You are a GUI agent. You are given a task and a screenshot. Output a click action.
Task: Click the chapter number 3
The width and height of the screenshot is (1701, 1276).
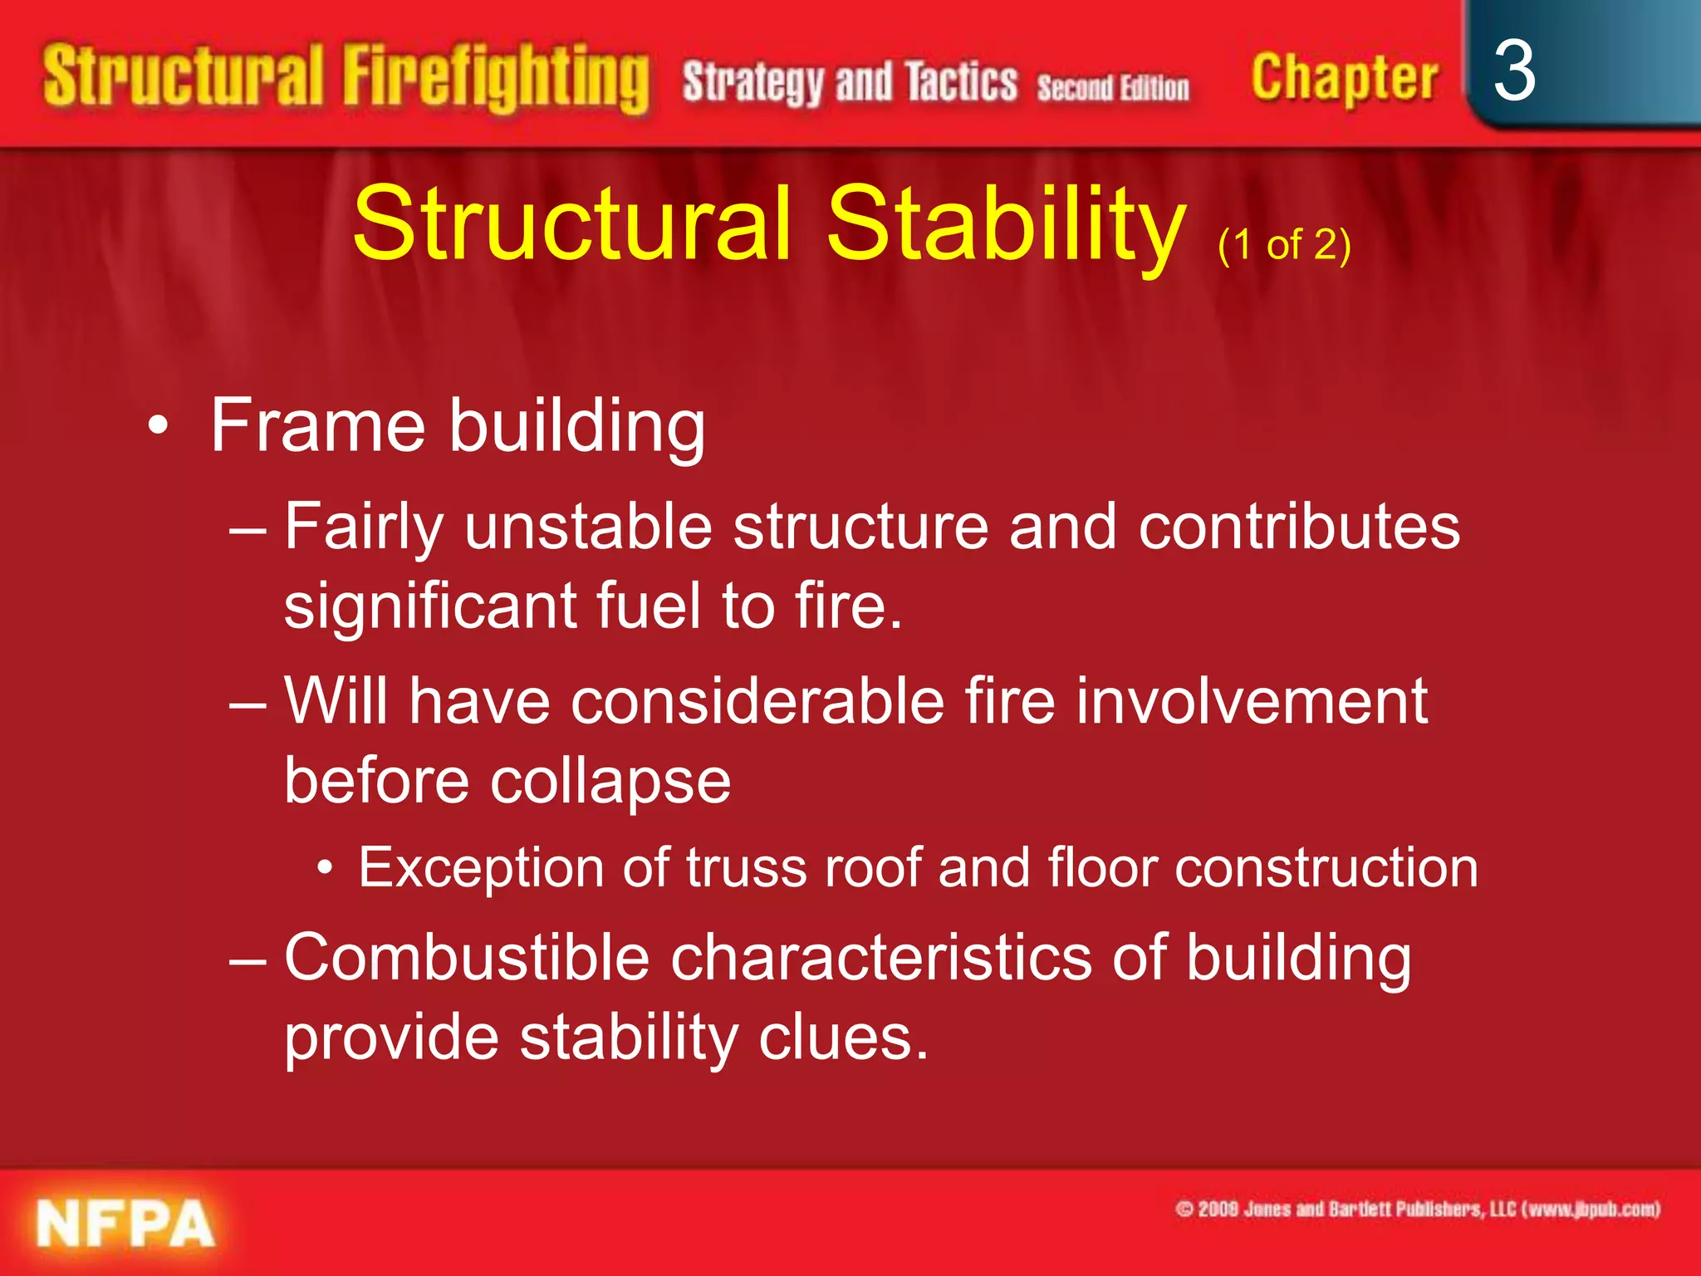tap(1513, 71)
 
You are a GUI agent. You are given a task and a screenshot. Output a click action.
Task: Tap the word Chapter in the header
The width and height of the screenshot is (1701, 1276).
tap(1344, 78)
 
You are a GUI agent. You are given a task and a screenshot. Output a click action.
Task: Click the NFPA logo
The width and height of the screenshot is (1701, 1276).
tap(125, 1224)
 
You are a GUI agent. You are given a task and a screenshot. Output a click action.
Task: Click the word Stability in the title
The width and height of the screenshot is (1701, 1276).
tap(1006, 224)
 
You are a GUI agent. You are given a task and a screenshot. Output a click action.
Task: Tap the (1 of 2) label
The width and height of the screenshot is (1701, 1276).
tap(1284, 245)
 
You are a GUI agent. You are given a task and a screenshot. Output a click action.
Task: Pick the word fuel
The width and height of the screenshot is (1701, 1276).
tap(649, 605)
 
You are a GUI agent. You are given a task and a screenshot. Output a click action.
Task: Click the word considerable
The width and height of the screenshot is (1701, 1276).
tap(757, 701)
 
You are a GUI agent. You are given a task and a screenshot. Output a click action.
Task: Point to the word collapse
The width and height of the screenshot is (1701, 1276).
tap(610, 781)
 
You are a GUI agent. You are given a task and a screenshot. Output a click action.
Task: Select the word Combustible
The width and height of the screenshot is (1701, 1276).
tap(467, 958)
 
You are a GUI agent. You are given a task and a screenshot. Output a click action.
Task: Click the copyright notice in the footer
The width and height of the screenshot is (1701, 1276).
tap(1417, 1209)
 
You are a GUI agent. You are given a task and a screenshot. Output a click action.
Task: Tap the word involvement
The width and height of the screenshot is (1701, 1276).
tap(1252, 701)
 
